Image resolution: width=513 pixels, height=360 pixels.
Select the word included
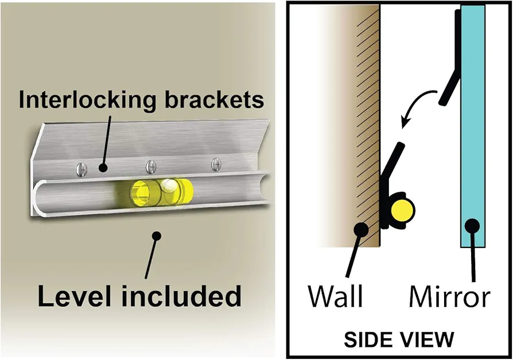pos(181,296)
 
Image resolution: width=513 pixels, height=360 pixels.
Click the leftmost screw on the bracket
pos(82,169)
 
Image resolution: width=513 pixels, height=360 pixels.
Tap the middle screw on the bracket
pos(151,167)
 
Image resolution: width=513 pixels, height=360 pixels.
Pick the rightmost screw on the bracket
pos(216,164)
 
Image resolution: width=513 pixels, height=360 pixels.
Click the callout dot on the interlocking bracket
pos(103,168)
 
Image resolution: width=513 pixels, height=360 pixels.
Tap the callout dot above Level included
pos(157,235)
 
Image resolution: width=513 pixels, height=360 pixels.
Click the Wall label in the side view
pos(336,296)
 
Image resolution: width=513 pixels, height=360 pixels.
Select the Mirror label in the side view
pos(449,296)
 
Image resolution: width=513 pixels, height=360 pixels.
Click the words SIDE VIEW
pos(399,339)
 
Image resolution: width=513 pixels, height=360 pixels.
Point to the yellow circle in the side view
pos(402,210)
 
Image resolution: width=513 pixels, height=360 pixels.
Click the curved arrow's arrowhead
pos(405,122)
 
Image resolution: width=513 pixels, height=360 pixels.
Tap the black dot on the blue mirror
pos(472,226)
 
